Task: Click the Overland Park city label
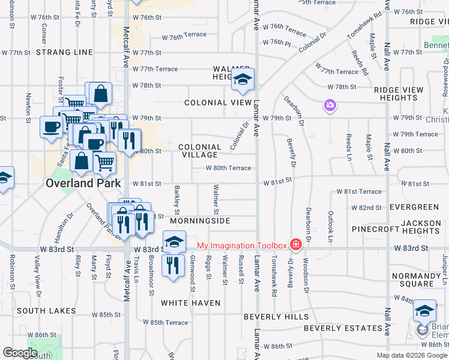tap(83, 184)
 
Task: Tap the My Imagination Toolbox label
tap(243, 245)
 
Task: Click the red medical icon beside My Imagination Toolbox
tap(295, 245)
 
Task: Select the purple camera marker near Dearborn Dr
tap(330, 106)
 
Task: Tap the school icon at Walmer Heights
tap(243, 79)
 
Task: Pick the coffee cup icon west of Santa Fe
tap(51, 126)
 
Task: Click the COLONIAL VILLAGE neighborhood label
tap(200, 151)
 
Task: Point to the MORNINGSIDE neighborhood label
tap(200, 221)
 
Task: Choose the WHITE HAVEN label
tap(191, 303)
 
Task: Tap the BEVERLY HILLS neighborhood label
tap(276, 317)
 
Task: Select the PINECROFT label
tap(376, 229)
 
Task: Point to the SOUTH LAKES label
tap(46, 311)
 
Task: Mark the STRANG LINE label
tap(65, 52)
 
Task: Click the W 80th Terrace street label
tap(228, 168)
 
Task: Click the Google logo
tap(20, 353)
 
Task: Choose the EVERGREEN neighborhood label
tap(414, 207)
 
